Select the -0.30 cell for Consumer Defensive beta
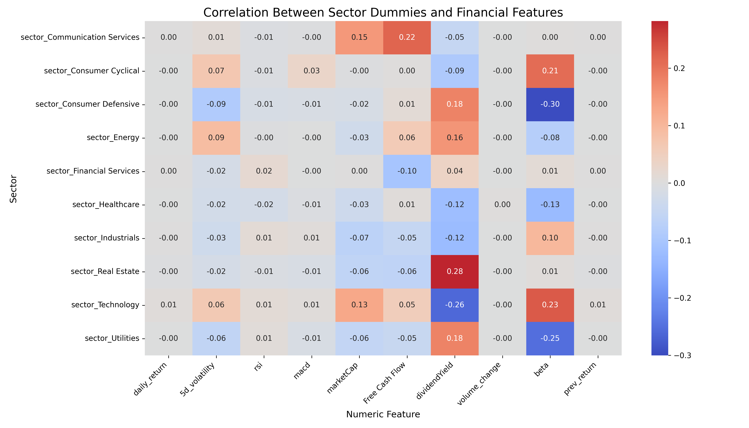pos(550,104)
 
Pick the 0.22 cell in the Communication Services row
pos(407,37)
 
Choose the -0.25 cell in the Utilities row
pos(550,338)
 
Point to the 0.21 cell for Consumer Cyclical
pos(550,71)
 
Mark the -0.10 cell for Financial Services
pos(407,171)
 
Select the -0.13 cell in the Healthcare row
pos(550,205)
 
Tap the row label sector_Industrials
pos(107,238)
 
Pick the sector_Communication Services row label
pos(80,37)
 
